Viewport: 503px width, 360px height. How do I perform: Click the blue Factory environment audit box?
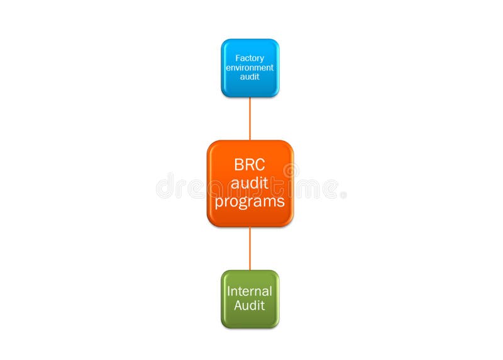250,68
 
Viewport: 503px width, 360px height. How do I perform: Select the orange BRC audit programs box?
250,183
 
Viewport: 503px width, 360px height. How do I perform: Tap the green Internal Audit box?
250,299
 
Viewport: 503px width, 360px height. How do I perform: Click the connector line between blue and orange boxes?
250,118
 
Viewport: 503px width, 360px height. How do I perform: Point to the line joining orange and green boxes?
250,248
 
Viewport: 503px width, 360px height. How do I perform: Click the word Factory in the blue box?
250,59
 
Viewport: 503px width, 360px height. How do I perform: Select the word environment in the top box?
250,67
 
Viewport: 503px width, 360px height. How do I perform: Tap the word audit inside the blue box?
250,77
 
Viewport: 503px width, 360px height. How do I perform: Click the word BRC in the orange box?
250,166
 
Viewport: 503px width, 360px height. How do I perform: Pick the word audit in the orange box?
250,184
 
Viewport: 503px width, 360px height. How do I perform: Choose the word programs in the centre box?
250,202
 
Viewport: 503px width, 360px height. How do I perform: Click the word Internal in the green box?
250,291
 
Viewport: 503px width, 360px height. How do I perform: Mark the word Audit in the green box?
250,306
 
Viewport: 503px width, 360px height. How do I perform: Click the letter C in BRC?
260,166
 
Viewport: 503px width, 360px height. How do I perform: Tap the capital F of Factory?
238,59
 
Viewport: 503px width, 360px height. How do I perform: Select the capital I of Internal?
229,291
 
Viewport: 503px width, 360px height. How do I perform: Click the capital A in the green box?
238,306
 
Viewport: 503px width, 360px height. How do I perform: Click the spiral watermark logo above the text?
290,171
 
